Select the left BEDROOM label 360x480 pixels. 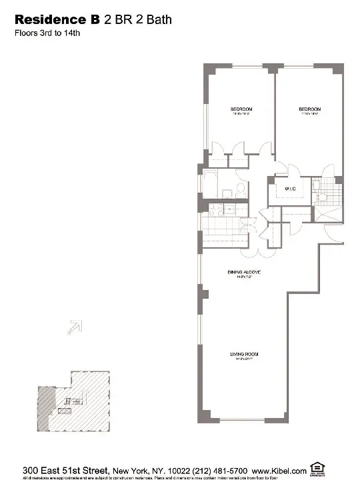[241, 109]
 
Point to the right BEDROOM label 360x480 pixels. [309, 109]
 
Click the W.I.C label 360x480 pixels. [290, 189]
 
